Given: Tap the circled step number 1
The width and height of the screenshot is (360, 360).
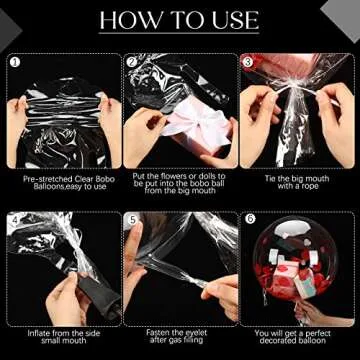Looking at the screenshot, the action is click(x=14, y=62).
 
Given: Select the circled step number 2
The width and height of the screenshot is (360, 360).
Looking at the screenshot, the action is click(x=131, y=62).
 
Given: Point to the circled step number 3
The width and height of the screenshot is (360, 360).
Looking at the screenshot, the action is click(x=248, y=62).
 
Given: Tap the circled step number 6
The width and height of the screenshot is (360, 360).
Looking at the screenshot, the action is click(x=249, y=219).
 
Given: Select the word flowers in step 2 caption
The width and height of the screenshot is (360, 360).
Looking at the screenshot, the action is click(x=172, y=176).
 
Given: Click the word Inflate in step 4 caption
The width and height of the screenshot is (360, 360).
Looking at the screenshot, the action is click(x=39, y=333).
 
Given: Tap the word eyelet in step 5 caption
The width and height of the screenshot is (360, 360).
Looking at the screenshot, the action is click(x=195, y=333).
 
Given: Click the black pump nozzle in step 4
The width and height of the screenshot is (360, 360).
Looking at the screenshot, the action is click(x=97, y=292).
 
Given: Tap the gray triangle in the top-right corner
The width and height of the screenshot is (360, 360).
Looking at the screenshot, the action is click(x=343, y=17).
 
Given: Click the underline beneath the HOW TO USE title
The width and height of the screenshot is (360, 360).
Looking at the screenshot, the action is click(x=179, y=33).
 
